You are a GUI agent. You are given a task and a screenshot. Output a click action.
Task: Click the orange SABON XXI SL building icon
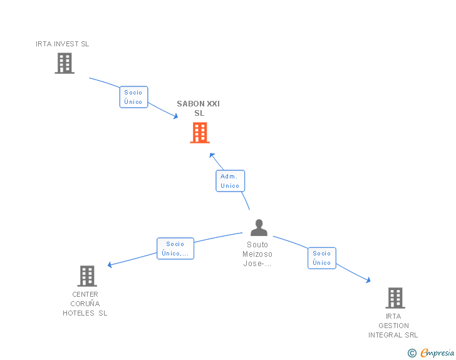tap(200, 133)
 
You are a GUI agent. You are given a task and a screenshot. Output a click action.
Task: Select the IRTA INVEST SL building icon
tap(65, 63)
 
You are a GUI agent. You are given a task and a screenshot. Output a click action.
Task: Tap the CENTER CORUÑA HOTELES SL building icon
tap(87, 276)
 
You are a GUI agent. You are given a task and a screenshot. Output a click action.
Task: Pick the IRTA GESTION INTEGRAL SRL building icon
tap(395, 298)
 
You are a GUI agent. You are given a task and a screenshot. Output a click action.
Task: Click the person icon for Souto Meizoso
tap(259, 227)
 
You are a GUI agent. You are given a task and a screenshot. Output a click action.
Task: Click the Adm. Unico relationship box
tap(230, 181)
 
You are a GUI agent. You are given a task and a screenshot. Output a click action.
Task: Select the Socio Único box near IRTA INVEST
tap(133, 97)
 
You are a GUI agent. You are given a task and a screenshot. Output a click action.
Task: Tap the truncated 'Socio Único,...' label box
tap(175, 249)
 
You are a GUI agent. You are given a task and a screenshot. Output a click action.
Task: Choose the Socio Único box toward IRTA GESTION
tap(322, 258)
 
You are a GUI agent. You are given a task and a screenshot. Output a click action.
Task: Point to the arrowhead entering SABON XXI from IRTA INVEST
tap(175, 116)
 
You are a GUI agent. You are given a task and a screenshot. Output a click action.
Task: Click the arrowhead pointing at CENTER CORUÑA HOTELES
tap(110, 265)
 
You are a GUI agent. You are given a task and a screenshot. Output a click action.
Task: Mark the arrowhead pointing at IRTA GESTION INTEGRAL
tap(368, 280)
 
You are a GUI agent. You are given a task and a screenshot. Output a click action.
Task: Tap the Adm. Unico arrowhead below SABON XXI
tap(212, 155)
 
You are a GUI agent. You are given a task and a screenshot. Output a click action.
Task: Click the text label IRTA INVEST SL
tap(62, 44)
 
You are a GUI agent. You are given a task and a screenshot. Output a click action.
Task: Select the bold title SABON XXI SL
tap(199, 108)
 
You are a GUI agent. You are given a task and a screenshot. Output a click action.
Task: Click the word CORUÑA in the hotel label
tap(85, 304)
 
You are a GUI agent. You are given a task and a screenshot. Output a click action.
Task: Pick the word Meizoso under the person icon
tap(257, 254)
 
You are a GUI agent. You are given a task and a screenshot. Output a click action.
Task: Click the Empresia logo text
tap(437, 353)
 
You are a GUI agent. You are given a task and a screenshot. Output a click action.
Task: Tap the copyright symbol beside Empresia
tap(412, 353)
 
